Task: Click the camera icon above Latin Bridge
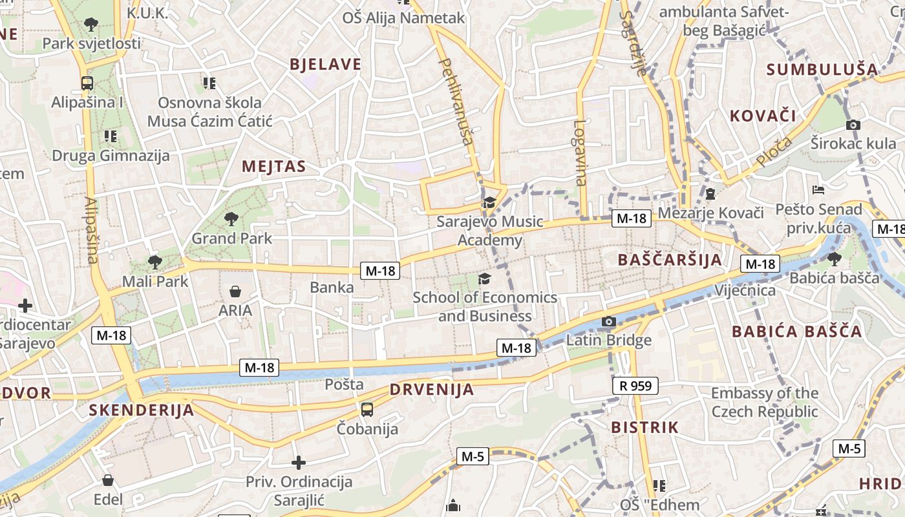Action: (x=608, y=321)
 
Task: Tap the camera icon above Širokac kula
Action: (x=853, y=125)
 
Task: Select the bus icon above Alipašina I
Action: (x=87, y=83)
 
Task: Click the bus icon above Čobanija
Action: (x=367, y=409)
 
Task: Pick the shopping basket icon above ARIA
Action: (x=235, y=291)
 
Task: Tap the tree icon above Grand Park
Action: (x=231, y=219)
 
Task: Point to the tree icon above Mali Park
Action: (x=154, y=262)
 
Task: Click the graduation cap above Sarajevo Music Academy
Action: (x=489, y=203)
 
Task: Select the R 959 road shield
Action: (x=635, y=386)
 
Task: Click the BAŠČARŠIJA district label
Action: (x=669, y=260)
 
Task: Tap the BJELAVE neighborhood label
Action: (x=326, y=64)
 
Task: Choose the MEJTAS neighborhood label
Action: (x=273, y=166)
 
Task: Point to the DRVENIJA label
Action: (x=432, y=390)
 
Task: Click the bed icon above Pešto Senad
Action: (x=818, y=190)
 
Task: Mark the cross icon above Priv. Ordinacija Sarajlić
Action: (x=298, y=463)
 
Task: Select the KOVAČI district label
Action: (x=763, y=116)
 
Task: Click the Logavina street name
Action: (x=580, y=153)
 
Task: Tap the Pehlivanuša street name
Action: (x=456, y=107)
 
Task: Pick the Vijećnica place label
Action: (x=745, y=290)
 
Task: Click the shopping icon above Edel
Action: (x=108, y=480)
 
